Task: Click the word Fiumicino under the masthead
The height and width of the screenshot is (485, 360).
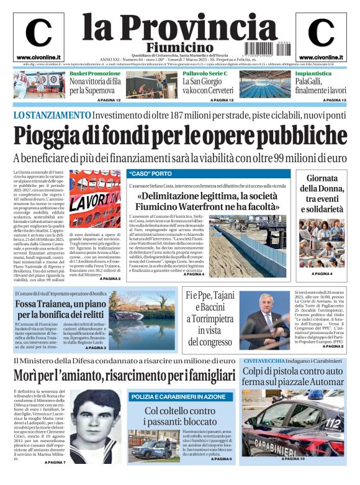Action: point(179,47)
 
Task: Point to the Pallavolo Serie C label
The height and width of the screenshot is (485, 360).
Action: point(205,73)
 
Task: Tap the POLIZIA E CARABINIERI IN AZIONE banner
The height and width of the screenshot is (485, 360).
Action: point(180,396)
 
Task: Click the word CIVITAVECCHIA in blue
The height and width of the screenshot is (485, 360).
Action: point(265,361)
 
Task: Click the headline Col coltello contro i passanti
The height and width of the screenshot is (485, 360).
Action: point(180,416)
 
